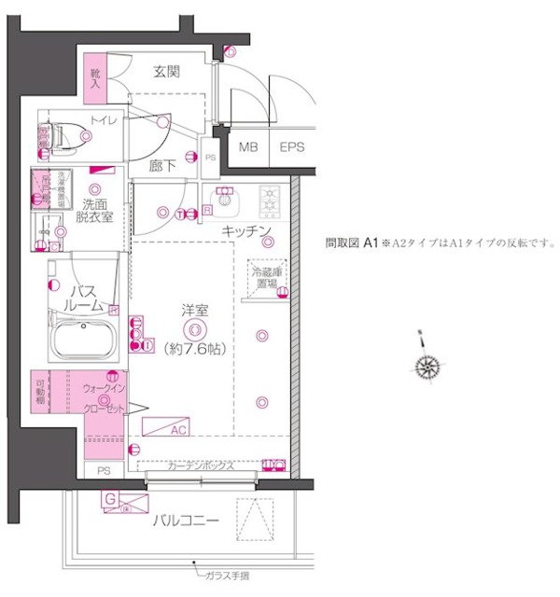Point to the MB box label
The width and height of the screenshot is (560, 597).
[248, 147]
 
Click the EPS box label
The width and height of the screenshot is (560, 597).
[292, 147]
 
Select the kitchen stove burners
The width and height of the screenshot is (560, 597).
[270, 199]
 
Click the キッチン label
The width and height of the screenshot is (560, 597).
[246, 230]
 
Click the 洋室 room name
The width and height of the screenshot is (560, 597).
[194, 311]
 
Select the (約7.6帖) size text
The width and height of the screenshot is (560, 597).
[194, 349]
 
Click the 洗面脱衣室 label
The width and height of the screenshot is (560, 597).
[95, 210]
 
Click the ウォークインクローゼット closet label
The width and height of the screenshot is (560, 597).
[105, 397]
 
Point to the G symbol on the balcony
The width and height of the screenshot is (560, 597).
[110, 501]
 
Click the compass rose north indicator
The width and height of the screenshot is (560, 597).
[428, 366]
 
